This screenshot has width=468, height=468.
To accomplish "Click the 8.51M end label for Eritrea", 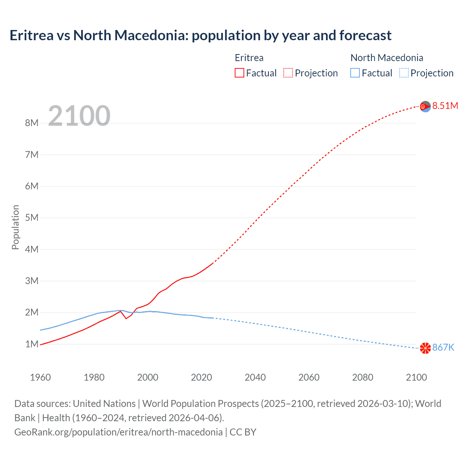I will pos(445,106).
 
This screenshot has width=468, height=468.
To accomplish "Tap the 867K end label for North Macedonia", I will pos(443,347).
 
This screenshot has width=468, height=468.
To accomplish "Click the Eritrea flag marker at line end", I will pos(425,107).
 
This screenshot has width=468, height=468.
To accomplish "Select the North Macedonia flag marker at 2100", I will pos(425,348).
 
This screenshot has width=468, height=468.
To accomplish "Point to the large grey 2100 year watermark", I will pos(79,116).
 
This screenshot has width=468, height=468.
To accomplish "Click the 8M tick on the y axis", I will pos(32,123).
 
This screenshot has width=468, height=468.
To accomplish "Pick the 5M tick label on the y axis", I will pos(32,218).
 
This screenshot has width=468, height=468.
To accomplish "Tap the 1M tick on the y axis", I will pos(32,344).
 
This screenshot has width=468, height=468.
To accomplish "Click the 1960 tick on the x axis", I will pos(40,377).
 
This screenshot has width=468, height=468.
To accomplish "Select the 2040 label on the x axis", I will pos(255,377).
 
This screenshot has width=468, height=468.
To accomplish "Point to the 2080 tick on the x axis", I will pos(363,377).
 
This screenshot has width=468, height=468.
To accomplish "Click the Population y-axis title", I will pos(15,227).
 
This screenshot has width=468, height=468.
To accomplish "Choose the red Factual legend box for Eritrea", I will pos(239,73).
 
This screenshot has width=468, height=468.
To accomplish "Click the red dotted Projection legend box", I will pos(288,73).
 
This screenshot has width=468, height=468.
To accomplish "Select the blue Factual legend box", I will pos(355,73).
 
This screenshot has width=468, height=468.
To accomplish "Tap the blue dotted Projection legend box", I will pos(404,73).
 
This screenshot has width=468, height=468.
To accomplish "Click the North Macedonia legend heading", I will pos(386,58).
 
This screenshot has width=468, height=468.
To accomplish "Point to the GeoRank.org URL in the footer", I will pos(118,432).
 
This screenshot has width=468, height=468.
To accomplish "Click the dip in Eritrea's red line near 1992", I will pos(126,318).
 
